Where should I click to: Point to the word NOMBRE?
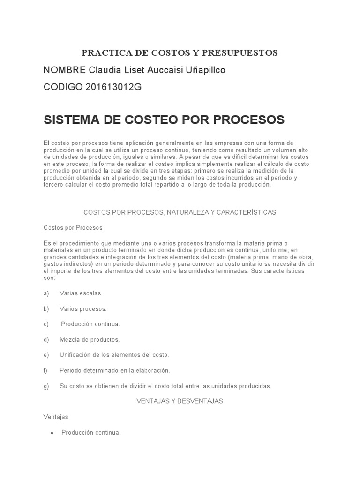pyautogui.click(x=64, y=70)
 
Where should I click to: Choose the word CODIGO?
pyautogui.click(x=62, y=87)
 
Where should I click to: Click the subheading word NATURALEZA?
pyautogui.click(x=188, y=212)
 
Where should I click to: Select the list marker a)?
pyautogui.click(x=46, y=293)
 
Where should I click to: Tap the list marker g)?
pyautogui.click(x=46, y=386)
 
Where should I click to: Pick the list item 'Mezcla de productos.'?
pyautogui.click(x=90, y=339)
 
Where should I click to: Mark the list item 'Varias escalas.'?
pyautogui.click(x=81, y=293)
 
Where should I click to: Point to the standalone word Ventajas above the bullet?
pyautogui.click(x=56, y=417)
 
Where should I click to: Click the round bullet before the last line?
pyautogui.click(x=52, y=433)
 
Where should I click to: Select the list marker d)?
pyautogui.click(x=46, y=339)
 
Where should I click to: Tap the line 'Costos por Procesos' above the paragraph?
pyautogui.click(x=73, y=228)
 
